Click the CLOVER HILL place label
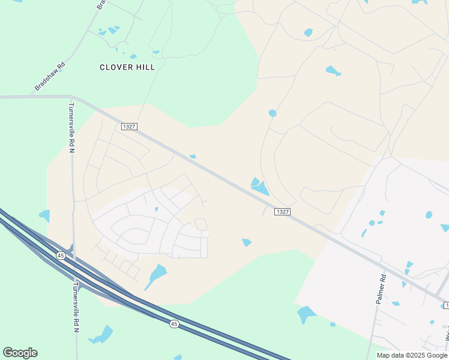[127, 67]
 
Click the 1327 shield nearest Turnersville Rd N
[129, 127]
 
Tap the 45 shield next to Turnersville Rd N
[61, 255]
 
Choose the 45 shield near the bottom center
[173, 324]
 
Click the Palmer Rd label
[381, 289]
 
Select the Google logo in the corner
[20, 353]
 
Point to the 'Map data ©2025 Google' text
[412, 355]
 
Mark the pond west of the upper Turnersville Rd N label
[44, 215]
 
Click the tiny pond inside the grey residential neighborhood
[156, 209]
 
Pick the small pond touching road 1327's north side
[193, 157]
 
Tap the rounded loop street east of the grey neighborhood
[201, 224]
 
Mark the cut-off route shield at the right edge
[445, 306]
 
